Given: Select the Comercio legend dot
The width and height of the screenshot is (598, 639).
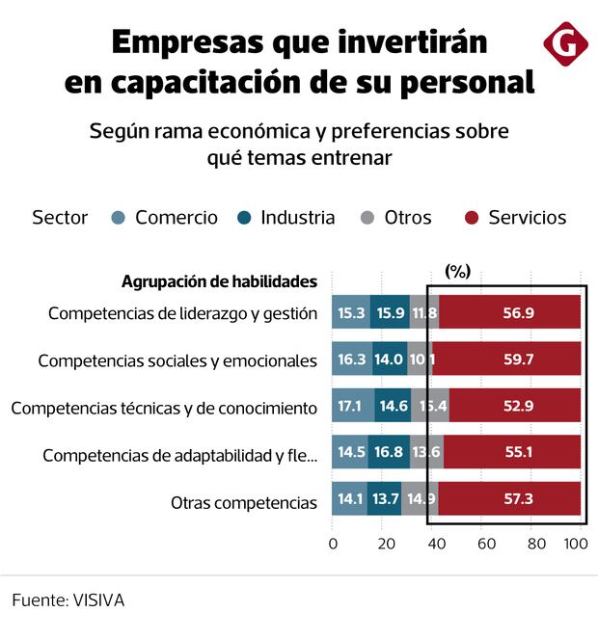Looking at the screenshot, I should click(x=119, y=218).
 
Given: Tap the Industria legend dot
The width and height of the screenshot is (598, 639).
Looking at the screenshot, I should click(x=245, y=218).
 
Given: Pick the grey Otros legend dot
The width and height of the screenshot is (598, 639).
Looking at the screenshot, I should click(x=367, y=218).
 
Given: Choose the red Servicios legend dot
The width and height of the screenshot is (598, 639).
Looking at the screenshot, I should click(x=473, y=218).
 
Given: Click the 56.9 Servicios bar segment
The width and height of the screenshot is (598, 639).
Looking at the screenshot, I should click(x=509, y=312).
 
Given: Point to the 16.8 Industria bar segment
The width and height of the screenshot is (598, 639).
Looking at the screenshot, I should click(x=389, y=454).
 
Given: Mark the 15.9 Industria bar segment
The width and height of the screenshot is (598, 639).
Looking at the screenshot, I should click(x=391, y=312).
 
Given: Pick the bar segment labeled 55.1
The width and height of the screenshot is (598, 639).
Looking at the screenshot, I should click(x=512, y=454).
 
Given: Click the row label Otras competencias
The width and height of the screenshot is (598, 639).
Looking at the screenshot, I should click(x=244, y=502).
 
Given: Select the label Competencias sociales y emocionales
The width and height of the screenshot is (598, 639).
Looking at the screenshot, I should click(x=177, y=360).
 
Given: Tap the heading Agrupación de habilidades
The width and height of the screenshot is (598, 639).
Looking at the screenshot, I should click(x=220, y=281).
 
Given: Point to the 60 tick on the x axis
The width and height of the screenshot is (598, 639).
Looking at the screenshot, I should click(x=486, y=545).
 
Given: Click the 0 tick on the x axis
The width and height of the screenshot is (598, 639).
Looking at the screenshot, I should click(x=333, y=545).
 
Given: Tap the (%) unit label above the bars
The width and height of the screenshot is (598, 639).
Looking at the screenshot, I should click(x=457, y=272).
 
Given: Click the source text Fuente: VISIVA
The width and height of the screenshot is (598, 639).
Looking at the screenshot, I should click(x=68, y=599).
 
